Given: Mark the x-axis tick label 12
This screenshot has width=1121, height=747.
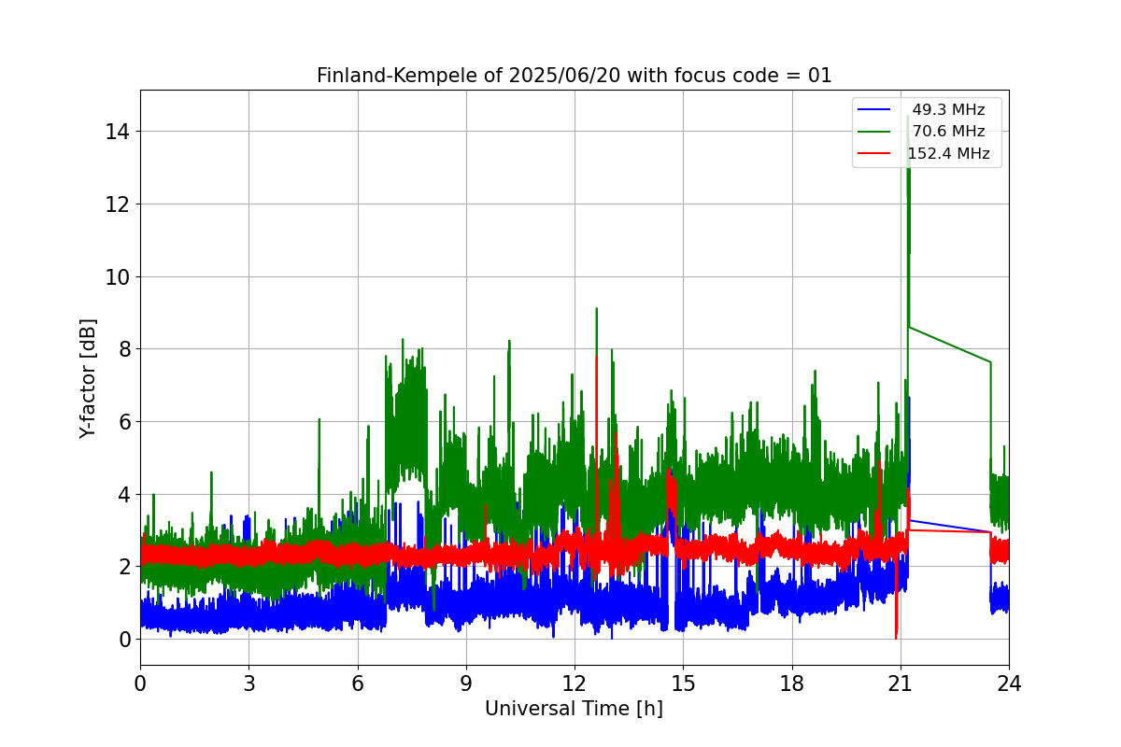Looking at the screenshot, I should (575, 684).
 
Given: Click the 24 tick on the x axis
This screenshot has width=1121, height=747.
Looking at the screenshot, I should (1009, 684).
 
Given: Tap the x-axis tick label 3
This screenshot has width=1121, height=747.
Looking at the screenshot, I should (248, 684).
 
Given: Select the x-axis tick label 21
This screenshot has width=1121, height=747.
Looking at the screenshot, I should (901, 684).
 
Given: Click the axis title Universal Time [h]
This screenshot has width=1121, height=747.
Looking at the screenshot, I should (574, 710).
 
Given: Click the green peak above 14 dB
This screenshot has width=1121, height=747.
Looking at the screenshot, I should (907, 120).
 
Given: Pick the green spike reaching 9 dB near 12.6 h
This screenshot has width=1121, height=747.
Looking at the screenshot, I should (596, 310).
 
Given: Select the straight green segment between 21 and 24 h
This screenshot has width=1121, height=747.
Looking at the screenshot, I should (949, 345).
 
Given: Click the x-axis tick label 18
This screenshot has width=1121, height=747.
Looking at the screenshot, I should (792, 684).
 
